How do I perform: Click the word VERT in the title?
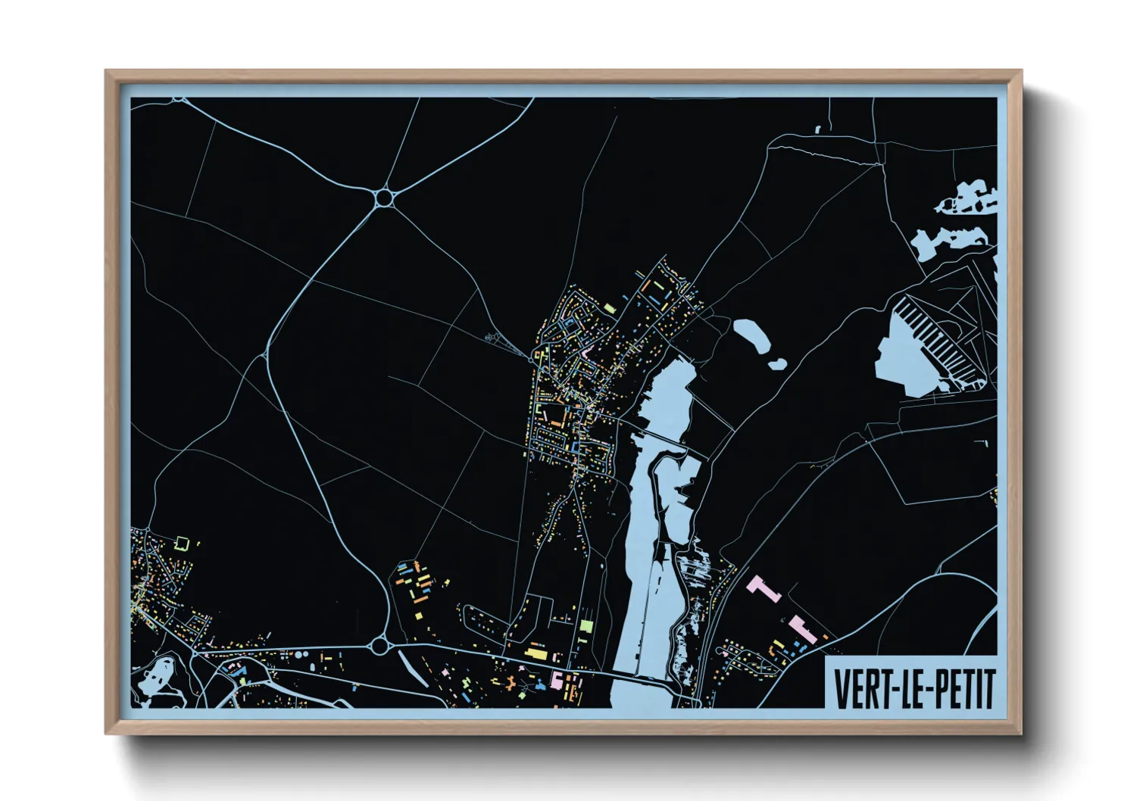tap(859, 688)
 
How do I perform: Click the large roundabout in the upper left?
tap(384, 198)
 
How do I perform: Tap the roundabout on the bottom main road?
tap(380, 646)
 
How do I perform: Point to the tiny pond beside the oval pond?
tap(777, 363)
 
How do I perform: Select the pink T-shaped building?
tap(763, 588)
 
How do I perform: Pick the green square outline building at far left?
tap(181, 542)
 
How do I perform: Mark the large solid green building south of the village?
tap(585, 627)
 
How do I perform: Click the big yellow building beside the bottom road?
tap(536, 652)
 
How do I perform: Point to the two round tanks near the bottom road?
tap(300, 655)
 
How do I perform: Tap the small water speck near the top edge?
tap(818, 129)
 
